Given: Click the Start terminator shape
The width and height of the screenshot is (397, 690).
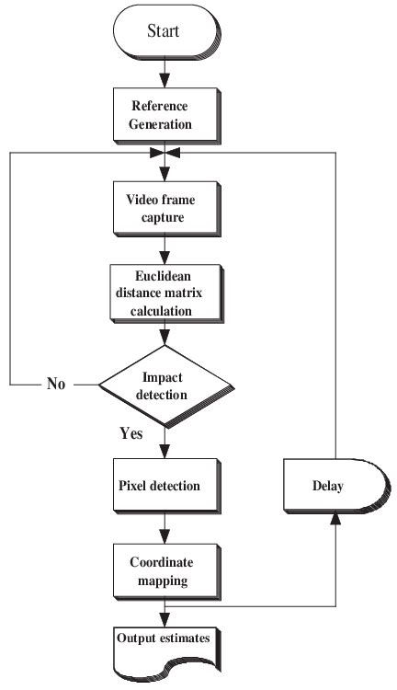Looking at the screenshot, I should [164, 32].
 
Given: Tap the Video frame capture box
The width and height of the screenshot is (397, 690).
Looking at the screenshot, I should [163, 206].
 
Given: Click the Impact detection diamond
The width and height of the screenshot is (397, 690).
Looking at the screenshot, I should [164, 384].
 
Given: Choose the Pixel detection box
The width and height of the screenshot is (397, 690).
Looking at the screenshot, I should [163, 486].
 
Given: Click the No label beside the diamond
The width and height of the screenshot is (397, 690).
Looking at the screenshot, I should [57, 384].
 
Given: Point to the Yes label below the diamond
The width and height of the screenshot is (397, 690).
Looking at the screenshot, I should [131, 432].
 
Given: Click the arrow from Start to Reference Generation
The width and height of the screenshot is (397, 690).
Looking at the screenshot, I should [164, 72].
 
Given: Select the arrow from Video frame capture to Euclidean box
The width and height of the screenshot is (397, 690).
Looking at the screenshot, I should [164, 248].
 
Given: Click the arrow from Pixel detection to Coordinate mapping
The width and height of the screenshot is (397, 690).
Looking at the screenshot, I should [164, 528].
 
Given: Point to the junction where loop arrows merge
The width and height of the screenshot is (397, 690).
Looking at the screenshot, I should [164, 153].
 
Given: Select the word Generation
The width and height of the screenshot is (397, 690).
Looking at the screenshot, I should [163, 122].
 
